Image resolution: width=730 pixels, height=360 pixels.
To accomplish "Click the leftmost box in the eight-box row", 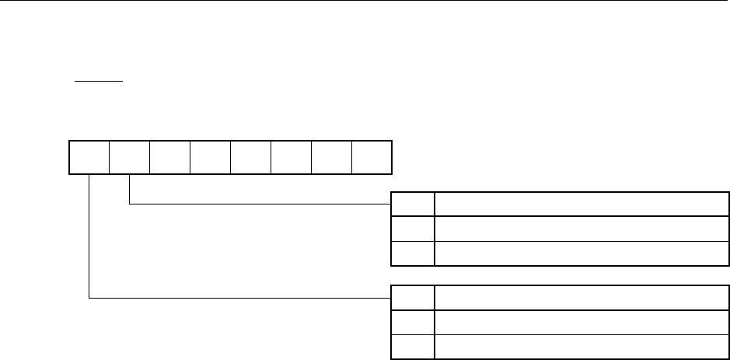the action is point(89,157).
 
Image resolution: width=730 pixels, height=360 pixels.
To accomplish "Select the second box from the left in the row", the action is point(129,157).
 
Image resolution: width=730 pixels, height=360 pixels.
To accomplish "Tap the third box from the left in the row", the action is point(169,157).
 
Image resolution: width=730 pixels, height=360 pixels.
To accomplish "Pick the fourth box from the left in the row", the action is point(210,157).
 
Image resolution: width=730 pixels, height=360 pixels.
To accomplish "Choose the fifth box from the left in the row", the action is point(250,157).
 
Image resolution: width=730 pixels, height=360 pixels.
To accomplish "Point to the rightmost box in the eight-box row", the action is point(372,157).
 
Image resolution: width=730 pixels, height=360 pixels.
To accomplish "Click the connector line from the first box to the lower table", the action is point(233,297).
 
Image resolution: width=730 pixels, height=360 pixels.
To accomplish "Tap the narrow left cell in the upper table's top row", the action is point(412,204).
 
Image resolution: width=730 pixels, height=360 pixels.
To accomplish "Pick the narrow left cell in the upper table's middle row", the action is point(412,229).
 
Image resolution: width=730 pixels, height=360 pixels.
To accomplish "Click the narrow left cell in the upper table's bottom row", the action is point(412,253).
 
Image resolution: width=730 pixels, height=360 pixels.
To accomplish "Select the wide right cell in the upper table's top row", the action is point(582,204).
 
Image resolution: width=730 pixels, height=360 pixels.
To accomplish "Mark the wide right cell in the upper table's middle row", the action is point(582,229).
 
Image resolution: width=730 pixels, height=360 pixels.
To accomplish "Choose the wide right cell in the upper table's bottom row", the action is point(582,253).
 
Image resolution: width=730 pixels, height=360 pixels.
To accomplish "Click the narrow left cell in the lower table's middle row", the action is point(412,323).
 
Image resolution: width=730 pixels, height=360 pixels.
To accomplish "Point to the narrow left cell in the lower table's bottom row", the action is point(412,347).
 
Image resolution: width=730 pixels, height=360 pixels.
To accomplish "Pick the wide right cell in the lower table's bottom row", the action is point(582,347).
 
